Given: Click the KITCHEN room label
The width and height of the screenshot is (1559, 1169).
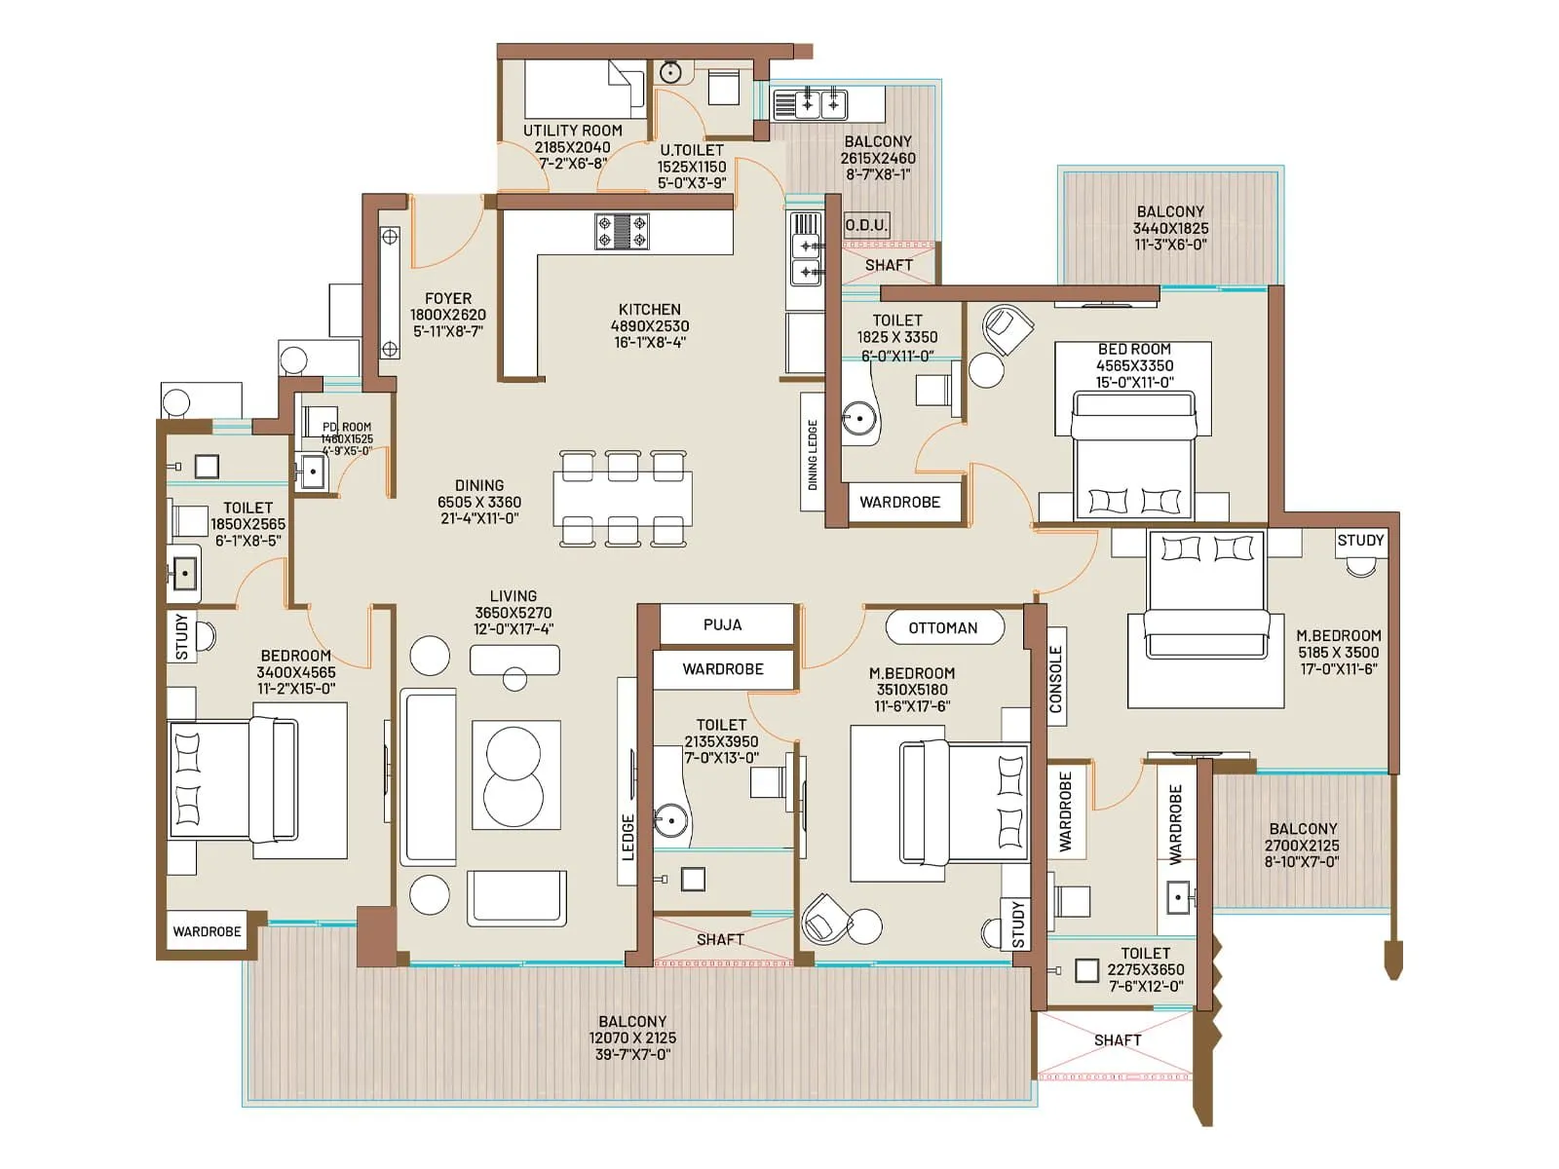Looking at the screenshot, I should coord(649,309).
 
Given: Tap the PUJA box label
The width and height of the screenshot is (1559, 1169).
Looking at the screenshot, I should coord(722,624).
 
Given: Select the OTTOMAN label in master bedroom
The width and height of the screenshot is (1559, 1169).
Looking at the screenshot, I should coord(942,627).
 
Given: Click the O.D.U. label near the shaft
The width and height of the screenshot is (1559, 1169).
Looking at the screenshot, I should coord(865,225).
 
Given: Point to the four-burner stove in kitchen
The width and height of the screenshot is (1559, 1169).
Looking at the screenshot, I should coord(622,232).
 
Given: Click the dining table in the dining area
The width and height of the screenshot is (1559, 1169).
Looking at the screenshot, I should coord(623,498).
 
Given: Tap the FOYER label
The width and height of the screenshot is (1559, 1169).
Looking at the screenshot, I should coord(447,298).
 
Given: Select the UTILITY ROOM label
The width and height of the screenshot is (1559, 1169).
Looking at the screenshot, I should coord(572,131).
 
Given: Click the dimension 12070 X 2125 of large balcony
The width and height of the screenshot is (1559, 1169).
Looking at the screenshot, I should coord(632,1038).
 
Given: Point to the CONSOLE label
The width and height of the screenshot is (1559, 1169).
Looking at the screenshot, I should coord(1055,679).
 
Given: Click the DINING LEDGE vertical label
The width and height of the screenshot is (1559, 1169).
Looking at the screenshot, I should coord(813,454).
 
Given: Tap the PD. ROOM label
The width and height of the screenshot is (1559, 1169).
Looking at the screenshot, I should coord(347,427).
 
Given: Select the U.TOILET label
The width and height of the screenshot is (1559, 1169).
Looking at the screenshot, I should coord(692,150).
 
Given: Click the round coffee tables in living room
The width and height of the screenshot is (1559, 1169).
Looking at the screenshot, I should coord(513,774).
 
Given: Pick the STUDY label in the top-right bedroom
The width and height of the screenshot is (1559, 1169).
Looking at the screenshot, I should coord(1360,540).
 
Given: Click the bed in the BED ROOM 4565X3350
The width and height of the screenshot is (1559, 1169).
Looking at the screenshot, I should coord(1134,454).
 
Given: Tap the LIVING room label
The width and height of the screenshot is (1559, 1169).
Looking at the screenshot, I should coord(513,596).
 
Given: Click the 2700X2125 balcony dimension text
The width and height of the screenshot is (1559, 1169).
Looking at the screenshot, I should coord(1302,846).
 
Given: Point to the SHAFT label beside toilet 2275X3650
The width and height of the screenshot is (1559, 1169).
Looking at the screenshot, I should coord(1117,1040).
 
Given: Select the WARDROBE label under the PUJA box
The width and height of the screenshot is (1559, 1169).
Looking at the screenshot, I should coord(722,669).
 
